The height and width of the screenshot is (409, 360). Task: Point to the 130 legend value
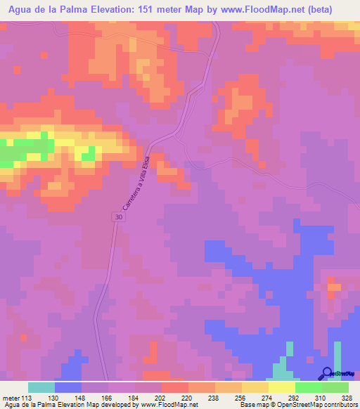(x=55, y=397)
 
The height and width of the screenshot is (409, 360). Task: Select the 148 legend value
(x=82, y=397)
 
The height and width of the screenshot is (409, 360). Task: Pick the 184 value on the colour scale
(x=135, y=397)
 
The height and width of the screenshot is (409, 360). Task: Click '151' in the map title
(x=151, y=9)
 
